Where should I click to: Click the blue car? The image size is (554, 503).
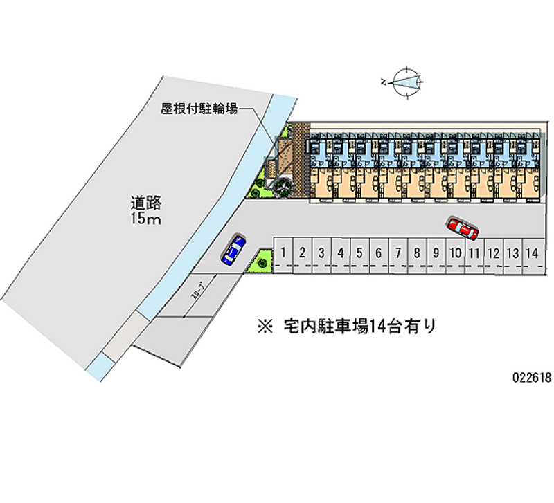pos(233,249)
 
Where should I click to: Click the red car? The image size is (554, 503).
pos(462,228)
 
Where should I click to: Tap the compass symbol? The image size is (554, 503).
pos(405,82)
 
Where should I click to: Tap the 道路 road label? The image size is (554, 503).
pos(146,203)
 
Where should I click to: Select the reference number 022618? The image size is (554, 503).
pos(532,378)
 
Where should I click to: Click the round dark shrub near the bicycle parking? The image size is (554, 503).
pos(283,187)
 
